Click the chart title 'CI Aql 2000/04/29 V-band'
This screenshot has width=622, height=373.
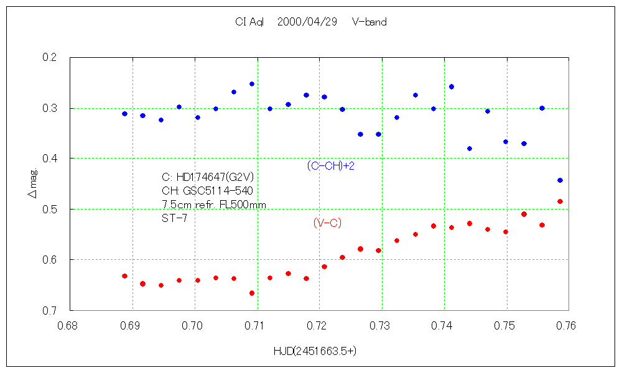[310, 22]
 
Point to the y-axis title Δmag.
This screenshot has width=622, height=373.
[32, 185]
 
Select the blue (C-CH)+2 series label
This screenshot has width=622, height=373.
[330, 166]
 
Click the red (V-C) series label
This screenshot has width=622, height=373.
[327, 223]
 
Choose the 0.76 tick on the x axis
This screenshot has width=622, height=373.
[567, 325]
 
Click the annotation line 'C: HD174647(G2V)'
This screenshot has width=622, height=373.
[207, 177]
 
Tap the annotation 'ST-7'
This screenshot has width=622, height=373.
[174, 218]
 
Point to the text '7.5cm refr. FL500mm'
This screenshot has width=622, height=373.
[213, 205]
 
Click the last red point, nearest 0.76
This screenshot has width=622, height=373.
[560, 201]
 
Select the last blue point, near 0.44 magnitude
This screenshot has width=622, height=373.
[560, 180]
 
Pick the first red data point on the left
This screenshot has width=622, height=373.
[124, 276]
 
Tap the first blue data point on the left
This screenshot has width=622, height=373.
[124, 114]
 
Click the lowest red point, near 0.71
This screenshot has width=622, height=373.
[252, 293]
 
